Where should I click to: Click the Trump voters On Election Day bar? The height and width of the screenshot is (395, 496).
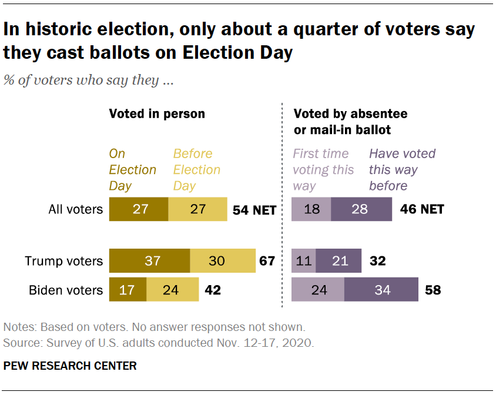point(149,260)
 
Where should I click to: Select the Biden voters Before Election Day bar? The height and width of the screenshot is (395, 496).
point(172,290)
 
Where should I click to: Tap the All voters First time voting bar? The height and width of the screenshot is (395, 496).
point(311,209)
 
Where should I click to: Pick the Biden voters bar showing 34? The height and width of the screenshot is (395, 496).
point(381,290)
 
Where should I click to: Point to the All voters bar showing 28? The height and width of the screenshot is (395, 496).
point(361,209)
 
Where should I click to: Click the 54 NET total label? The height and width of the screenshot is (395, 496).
point(254,210)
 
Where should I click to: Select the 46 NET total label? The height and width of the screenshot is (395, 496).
point(422,209)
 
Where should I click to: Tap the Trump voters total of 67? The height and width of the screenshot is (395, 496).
point(267,260)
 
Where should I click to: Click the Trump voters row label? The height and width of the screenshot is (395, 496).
point(63,261)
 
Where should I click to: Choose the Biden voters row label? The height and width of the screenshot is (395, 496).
point(66,290)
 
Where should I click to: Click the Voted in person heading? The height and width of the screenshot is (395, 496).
point(157,113)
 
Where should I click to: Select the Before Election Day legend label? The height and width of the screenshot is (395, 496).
point(196,169)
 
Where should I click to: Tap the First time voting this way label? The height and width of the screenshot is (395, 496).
point(323,169)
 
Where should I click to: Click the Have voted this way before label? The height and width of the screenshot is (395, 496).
point(402,169)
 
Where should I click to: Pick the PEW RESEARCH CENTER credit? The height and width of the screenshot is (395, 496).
point(70,366)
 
